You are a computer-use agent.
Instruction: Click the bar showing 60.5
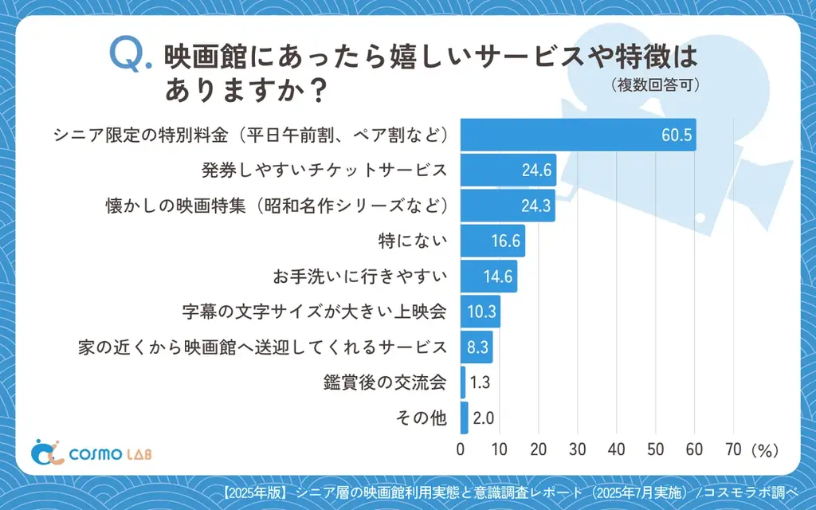point(578,134)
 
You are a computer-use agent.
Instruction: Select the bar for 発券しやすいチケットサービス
point(508,170)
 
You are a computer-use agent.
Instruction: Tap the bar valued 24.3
point(507,205)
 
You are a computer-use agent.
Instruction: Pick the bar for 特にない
point(492,240)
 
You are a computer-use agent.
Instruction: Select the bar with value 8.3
point(477,347)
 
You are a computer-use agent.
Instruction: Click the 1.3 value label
point(480,382)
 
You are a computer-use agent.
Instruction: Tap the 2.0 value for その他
point(483,418)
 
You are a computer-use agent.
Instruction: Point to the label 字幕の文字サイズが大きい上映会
point(315,312)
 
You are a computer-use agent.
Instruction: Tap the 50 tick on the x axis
point(656,449)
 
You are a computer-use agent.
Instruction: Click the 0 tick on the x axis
point(461,449)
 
